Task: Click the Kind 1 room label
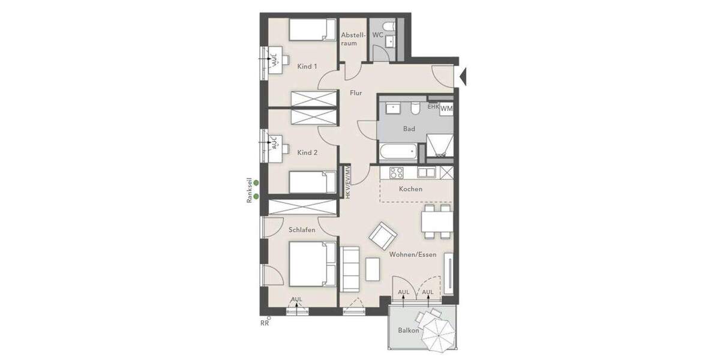[x=307, y=66]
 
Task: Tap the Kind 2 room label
[x=307, y=152]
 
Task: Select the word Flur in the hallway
[x=356, y=93]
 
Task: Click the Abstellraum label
[x=353, y=39]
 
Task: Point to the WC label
[x=377, y=35]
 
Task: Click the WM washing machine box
[x=446, y=109]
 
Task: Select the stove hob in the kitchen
[x=397, y=173]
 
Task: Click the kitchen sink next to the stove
[x=427, y=173]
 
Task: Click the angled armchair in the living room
[x=382, y=236]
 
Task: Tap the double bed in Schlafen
[x=311, y=263]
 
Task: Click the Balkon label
[x=408, y=331]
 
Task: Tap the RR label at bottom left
[x=264, y=323]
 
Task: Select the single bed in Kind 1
[x=312, y=29]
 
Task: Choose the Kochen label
[x=410, y=189]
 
